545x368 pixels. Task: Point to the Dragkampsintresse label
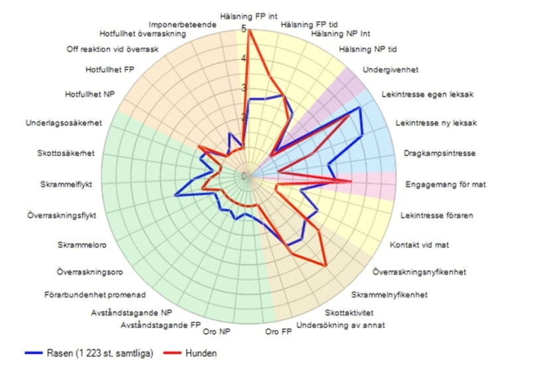click(439, 154)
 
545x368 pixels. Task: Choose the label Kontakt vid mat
click(419, 245)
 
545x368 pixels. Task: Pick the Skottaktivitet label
click(349, 312)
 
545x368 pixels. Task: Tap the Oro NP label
click(217, 331)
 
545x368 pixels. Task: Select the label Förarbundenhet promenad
click(95, 295)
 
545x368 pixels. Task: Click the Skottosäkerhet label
click(66, 154)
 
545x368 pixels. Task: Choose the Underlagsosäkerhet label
click(64, 123)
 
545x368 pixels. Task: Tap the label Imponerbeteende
click(181, 24)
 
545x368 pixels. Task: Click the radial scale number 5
click(243, 29)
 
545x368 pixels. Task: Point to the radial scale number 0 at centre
click(243, 176)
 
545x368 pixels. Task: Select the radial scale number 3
click(243, 88)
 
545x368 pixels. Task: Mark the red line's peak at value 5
click(249, 30)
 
